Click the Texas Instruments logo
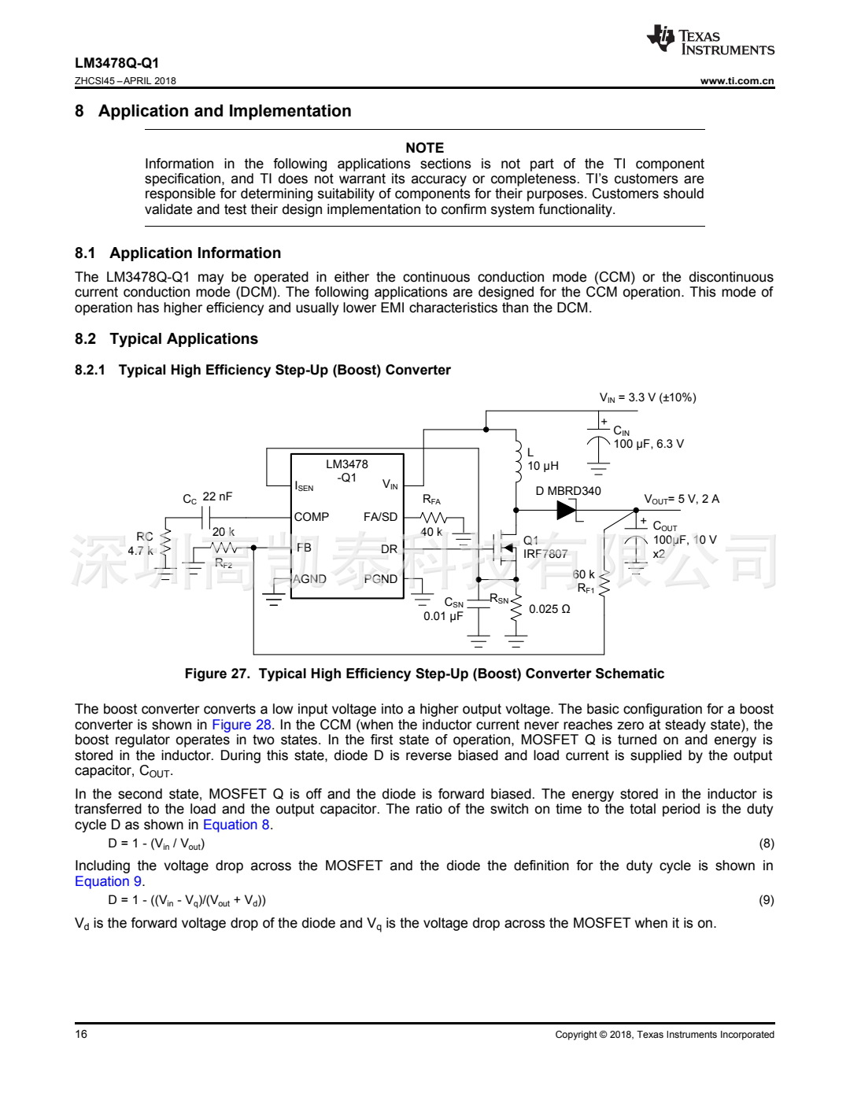click(x=710, y=41)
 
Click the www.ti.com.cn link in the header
click(x=737, y=80)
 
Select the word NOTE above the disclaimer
click(x=424, y=148)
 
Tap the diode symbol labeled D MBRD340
click(x=567, y=510)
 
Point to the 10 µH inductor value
click(x=543, y=466)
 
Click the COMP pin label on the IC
click(x=312, y=517)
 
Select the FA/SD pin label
click(x=380, y=517)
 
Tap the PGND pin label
click(x=381, y=579)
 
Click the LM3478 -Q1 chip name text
click(x=347, y=471)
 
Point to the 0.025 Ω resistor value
click(x=549, y=609)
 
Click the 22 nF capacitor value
click(x=217, y=496)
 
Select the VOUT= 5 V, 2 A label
click(x=682, y=499)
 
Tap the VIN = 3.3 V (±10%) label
click(x=648, y=398)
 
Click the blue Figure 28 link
click(x=242, y=725)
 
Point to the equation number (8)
click(x=766, y=843)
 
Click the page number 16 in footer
click(x=81, y=1034)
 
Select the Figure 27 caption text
click(x=424, y=674)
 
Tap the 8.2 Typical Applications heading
click(x=166, y=339)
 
